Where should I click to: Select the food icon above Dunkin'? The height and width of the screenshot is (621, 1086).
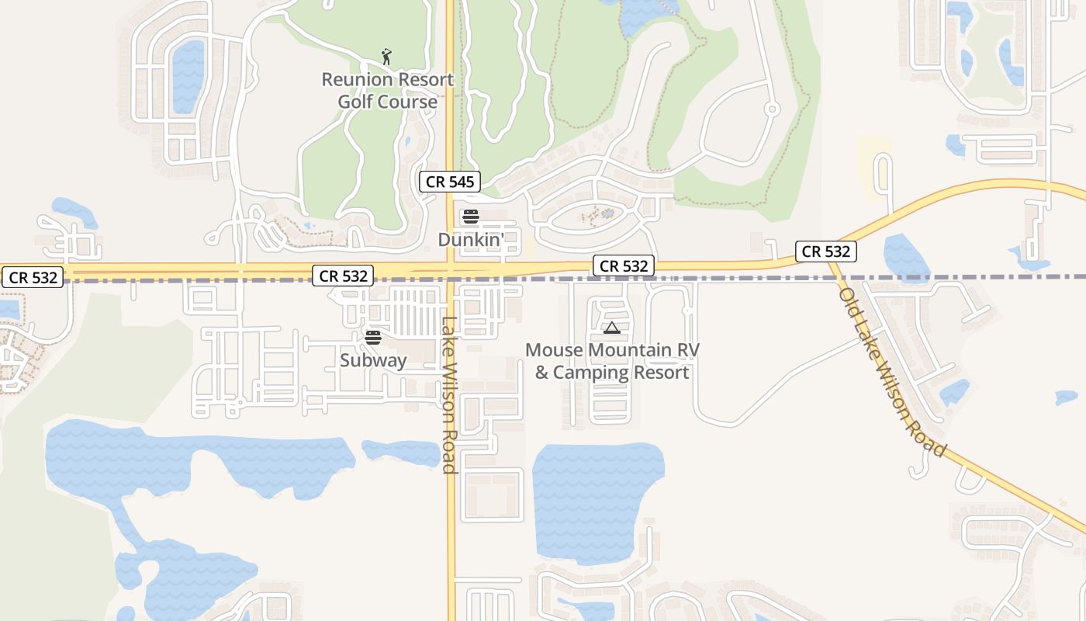pos(471,217)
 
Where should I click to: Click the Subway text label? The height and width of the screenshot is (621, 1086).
pos(373,360)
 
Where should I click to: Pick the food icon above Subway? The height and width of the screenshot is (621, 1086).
pos(373,337)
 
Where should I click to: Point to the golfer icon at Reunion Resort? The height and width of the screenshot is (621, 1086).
pos(386,57)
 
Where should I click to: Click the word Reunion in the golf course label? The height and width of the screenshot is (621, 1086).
pos(355,79)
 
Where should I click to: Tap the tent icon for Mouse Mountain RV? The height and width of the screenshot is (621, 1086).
pos(612,328)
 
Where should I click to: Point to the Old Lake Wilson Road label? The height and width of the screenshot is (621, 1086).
pos(893,373)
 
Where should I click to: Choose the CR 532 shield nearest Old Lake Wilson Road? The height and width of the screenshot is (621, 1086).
pos(826,252)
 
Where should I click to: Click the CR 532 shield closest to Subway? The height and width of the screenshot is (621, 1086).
pos(344,276)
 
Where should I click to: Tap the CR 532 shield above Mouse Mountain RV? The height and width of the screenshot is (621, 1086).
pos(624,266)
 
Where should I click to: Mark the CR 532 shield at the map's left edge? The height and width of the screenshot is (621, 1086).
pos(32,277)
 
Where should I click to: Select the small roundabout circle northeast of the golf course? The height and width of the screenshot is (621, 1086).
pos(772,109)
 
